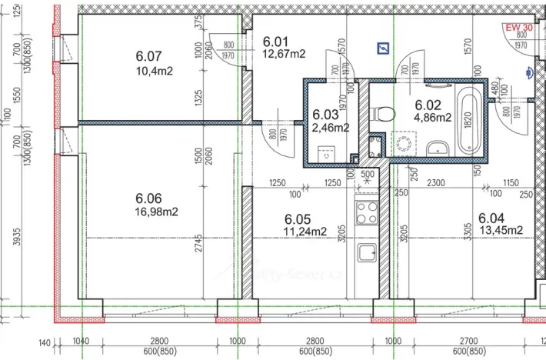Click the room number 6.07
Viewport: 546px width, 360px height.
149,55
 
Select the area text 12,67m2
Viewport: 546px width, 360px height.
285,53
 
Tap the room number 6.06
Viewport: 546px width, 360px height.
149,198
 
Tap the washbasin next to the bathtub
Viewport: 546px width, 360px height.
437,147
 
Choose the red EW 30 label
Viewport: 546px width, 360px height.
519,27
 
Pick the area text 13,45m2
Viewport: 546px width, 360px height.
501,229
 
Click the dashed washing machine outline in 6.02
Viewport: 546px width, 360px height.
402,143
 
